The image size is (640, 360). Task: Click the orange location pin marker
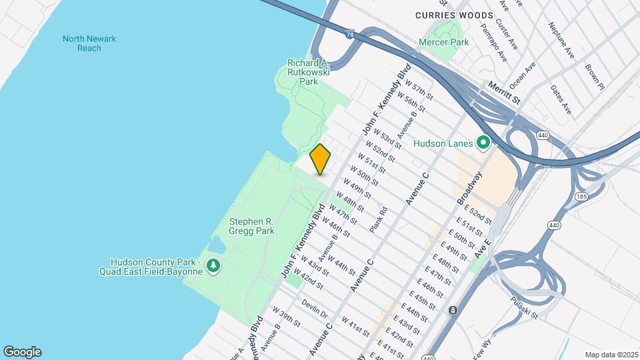[x=320, y=159]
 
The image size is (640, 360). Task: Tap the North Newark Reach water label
[x=89, y=43]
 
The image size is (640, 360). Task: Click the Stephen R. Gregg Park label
[x=251, y=226]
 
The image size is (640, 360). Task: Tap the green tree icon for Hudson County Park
[x=213, y=266]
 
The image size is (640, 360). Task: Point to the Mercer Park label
[x=443, y=42]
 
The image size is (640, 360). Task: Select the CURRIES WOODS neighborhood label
[x=454, y=15]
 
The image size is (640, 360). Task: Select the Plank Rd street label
[x=379, y=219]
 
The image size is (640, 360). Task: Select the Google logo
[x=22, y=352]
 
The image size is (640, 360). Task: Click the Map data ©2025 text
[x=611, y=354]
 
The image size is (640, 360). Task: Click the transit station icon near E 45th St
[x=453, y=311]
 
